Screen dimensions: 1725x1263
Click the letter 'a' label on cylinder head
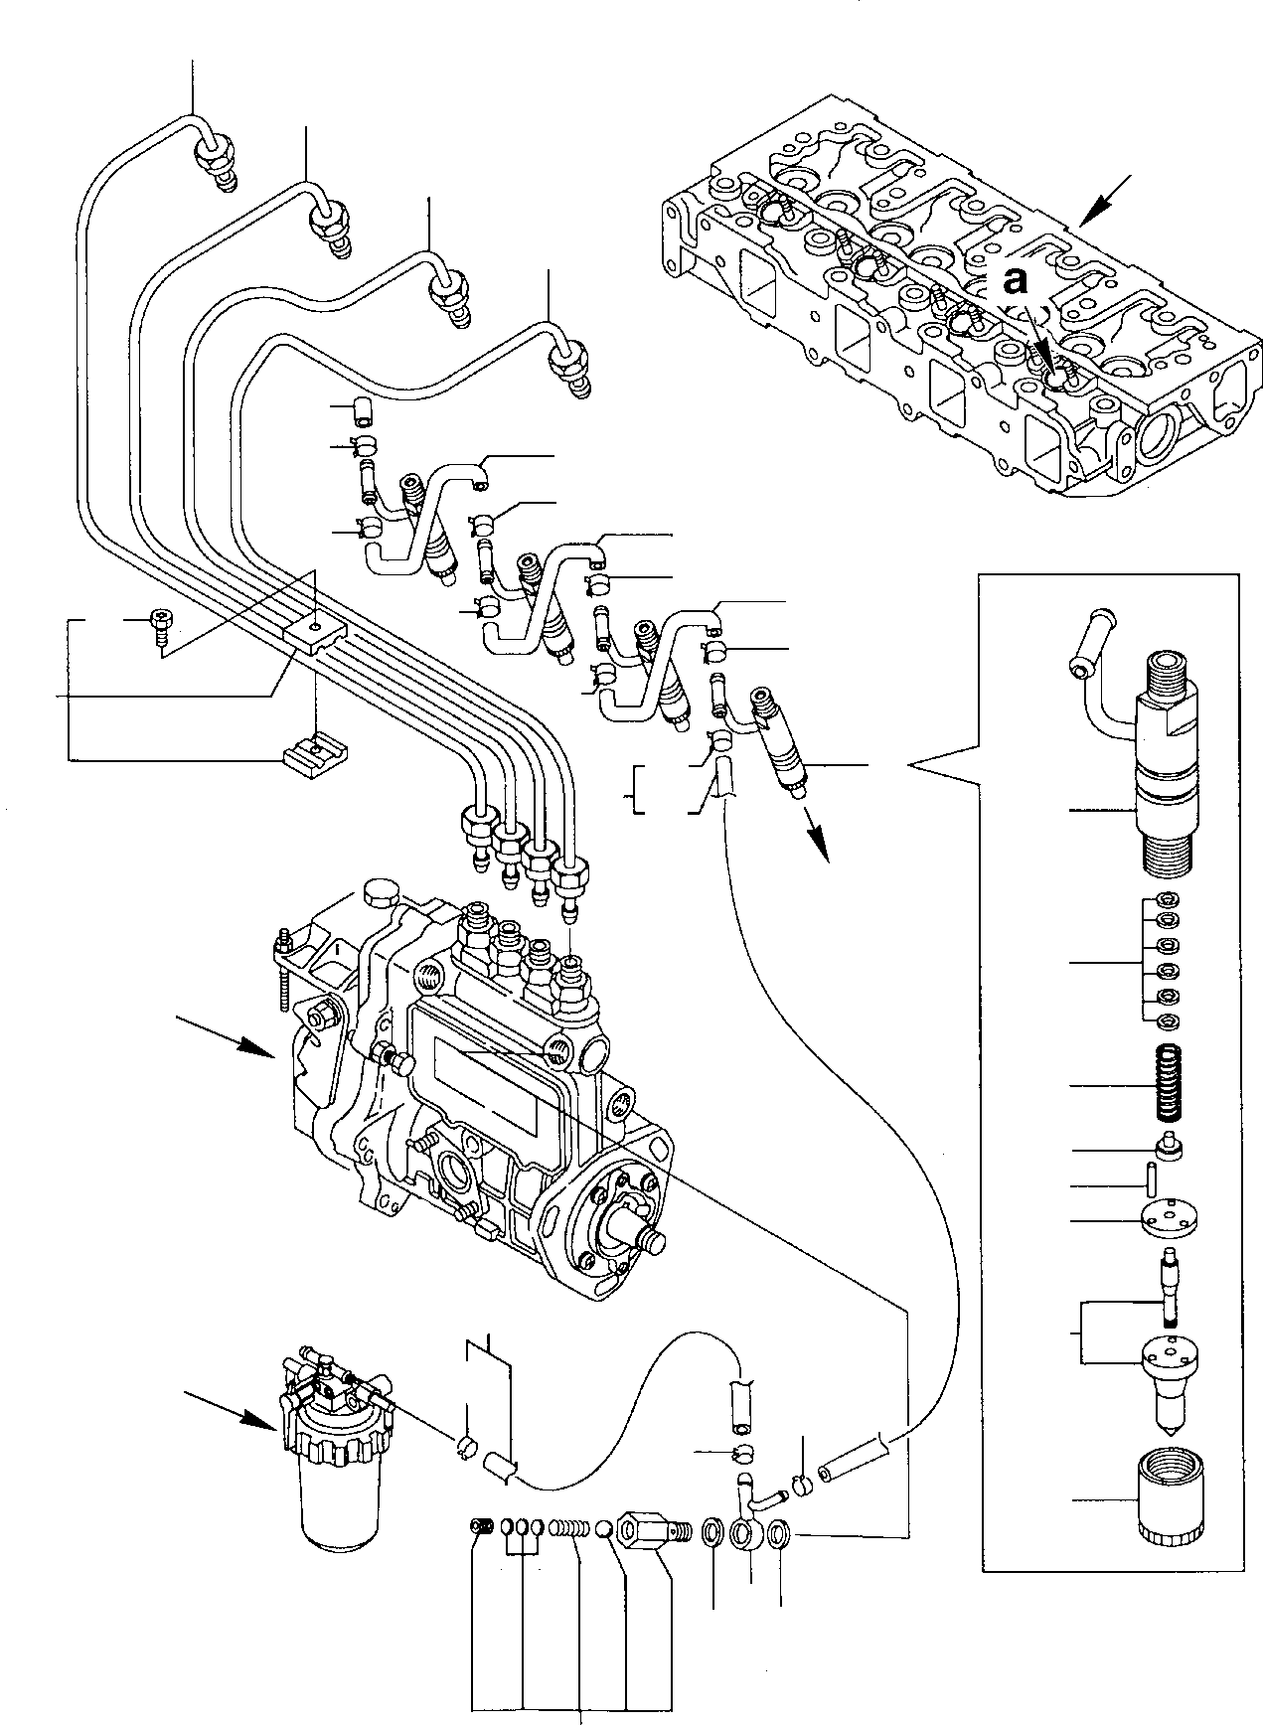click(x=1014, y=283)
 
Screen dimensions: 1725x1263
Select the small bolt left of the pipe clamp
click(x=160, y=628)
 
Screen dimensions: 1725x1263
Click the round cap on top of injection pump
click(x=382, y=890)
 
